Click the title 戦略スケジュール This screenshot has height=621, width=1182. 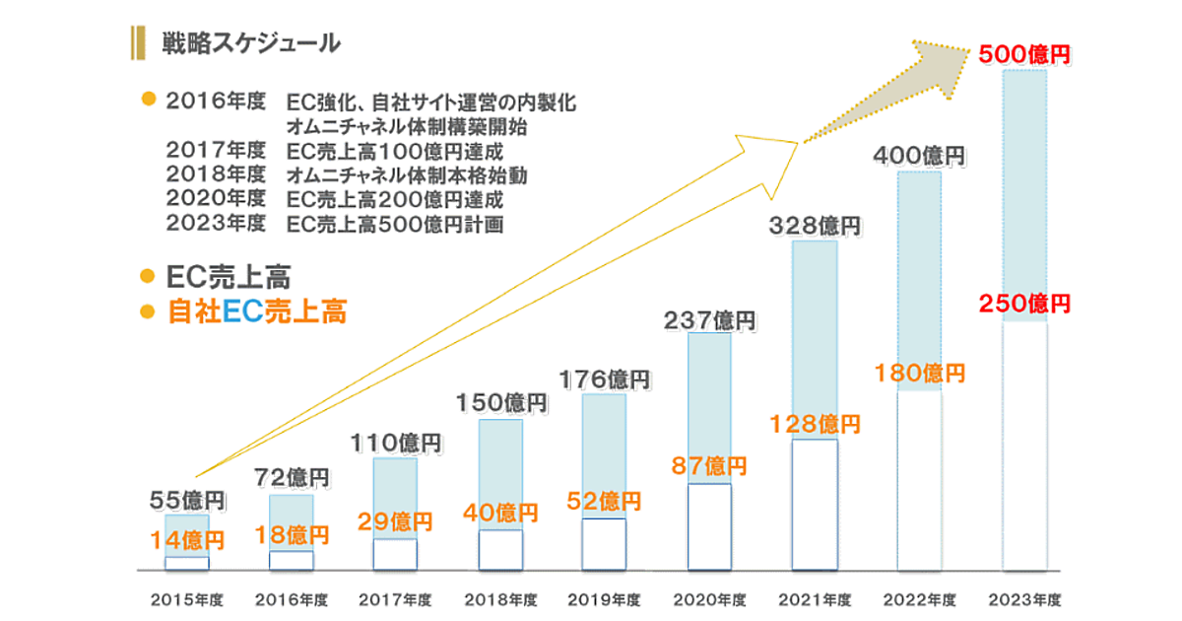pos(251,42)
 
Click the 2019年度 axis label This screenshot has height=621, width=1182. pos(605,598)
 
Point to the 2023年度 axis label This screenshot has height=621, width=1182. pos(1024,598)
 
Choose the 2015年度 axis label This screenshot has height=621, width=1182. pos(187,598)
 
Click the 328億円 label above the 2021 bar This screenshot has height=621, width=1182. pos(815,226)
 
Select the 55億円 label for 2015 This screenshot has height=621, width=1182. pos(187,502)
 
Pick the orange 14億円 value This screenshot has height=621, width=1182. pos(187,539)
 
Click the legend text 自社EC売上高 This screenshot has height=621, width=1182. pos(258,311)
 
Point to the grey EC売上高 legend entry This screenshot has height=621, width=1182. pos(229,277)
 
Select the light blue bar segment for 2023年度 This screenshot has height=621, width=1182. pos(1024,187)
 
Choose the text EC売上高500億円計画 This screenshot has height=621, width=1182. pos(394,224)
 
